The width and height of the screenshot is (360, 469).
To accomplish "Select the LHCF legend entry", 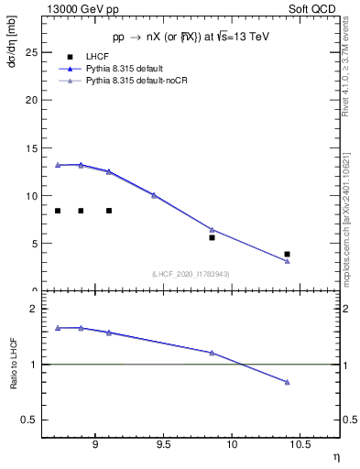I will (96, 57).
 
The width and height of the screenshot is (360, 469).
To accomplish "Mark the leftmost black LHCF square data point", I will (58, 211).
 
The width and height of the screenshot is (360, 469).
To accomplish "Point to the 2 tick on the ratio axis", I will (33, 309).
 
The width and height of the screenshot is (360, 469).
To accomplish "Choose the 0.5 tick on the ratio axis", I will (30, 420).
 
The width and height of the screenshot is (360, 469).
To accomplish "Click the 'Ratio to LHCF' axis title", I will (14, 364).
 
